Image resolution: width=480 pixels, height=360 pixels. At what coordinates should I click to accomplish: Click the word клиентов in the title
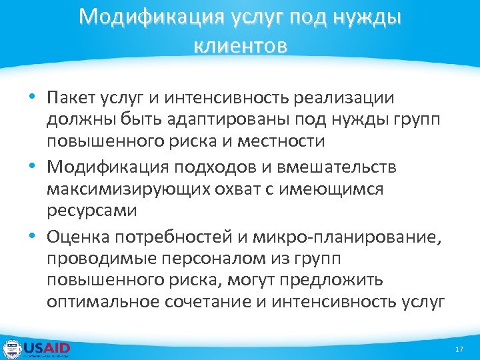240,46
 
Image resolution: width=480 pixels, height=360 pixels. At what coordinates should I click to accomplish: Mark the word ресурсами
91,211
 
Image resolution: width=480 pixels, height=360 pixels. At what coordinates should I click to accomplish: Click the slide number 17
459,350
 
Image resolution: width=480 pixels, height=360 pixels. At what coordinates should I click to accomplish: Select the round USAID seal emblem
12,349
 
